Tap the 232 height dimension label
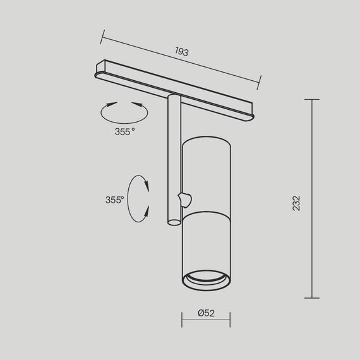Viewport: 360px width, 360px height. pyautogui.click(x=296, y=202)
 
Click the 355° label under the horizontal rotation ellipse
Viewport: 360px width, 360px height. pyautogui.click(x=124, y=132)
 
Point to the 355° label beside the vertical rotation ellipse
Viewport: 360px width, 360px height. pyautogui.click(x=114, y=200)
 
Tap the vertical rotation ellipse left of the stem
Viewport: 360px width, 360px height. pyautogui.click(x=139, y=198)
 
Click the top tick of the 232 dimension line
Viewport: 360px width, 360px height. pyautogui.click(x=311, y=99)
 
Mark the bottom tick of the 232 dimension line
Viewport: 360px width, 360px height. pyautogui.click(x=311, y=297)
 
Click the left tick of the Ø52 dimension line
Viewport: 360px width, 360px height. pyautogui.click(x=182, y=319)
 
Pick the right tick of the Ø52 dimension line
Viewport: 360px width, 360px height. pyautogui.click(x=230, y=319)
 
